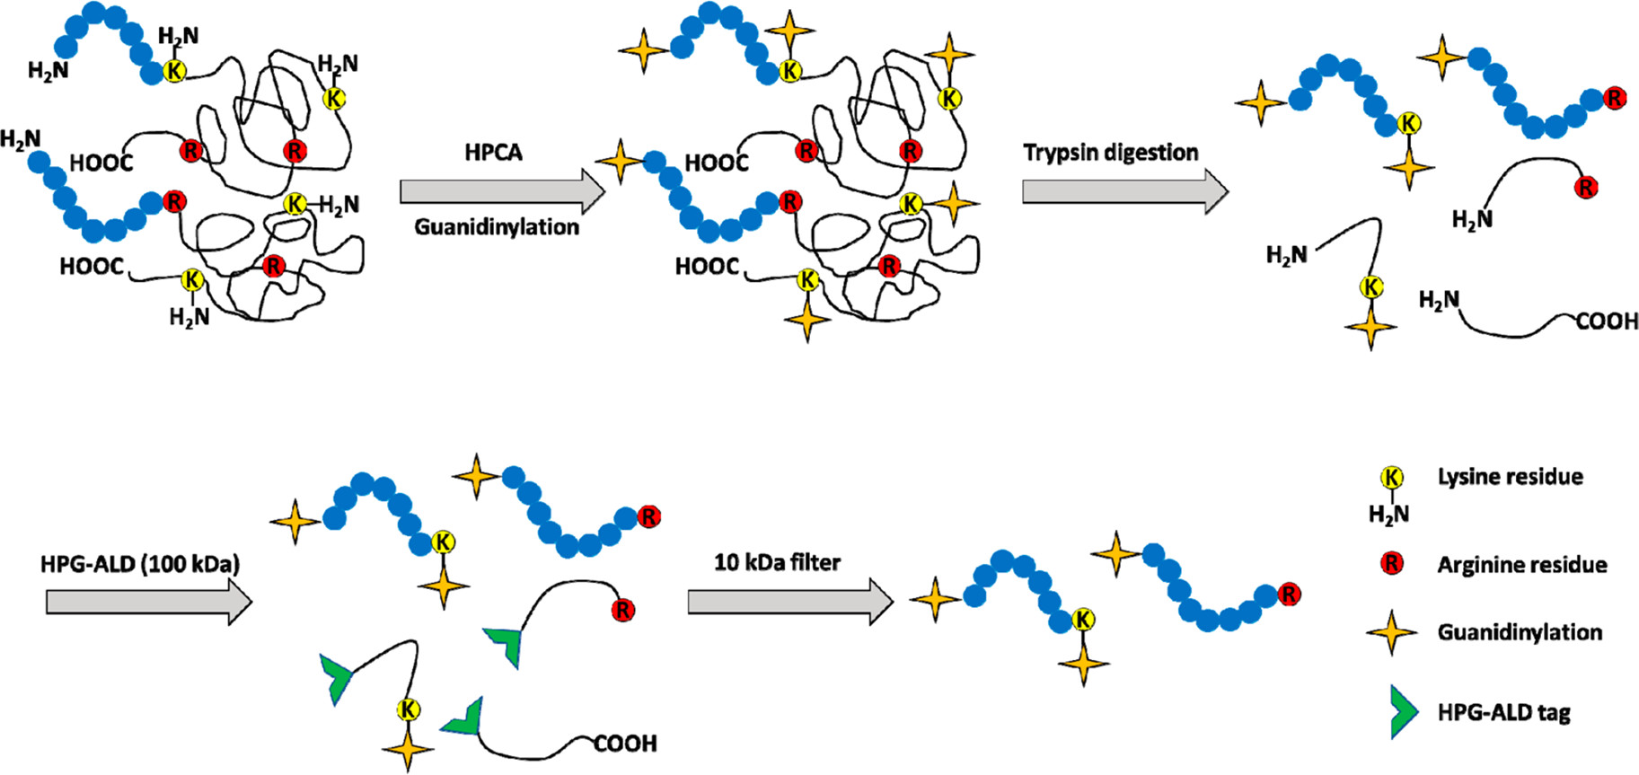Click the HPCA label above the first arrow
(493, 152)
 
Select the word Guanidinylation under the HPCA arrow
(497, 227)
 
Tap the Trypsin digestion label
(1110, 153)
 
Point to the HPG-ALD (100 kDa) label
(140, 565)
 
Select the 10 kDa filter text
(777, 563)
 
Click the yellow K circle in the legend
(1391, 478)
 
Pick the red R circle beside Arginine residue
(1391, 564)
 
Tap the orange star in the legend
(1391, 633)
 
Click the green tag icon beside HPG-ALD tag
(1402, 712)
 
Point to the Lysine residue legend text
(1510, 477)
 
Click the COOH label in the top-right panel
(1607, 321)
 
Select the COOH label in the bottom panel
(625, 744)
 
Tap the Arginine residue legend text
(1521, 565)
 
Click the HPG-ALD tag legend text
(1503, 713)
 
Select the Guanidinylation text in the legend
(1520, 632)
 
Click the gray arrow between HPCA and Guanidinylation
(502, 190)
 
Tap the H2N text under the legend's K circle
(1388, 514)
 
